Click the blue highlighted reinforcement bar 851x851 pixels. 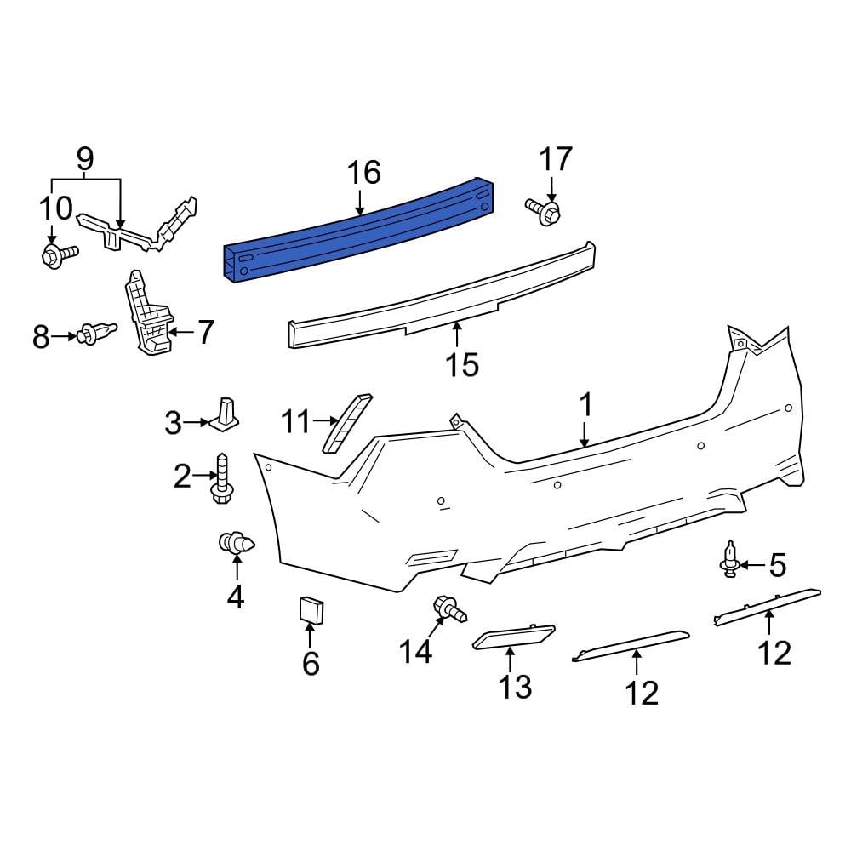point(357,230)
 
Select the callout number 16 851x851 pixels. point(363,173)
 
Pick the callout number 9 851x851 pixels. point(85,157)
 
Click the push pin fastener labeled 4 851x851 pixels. point(236,544)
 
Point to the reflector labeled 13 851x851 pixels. point(513,637)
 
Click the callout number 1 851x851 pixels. point(585,406)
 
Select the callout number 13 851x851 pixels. point(515,686)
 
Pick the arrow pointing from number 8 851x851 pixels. point(65,337)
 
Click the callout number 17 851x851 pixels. point(555,159)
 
